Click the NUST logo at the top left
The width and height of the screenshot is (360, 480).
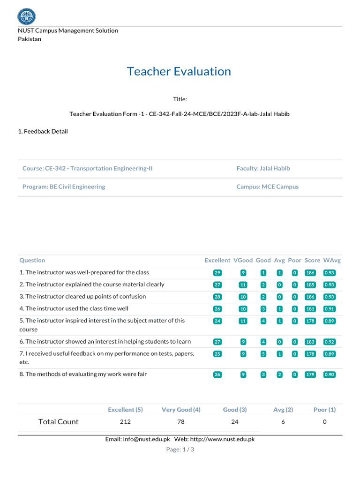tap(26, 16)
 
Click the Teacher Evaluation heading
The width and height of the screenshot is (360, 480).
tap(179, 71)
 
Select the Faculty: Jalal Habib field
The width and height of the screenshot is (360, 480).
tap(266, 168)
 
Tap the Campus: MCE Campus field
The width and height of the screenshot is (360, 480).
tap(267, 187)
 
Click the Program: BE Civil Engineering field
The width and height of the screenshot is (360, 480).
tap(64, 187)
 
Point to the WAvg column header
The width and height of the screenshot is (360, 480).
tap(332, 260)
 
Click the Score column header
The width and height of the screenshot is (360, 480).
tap(312, 260)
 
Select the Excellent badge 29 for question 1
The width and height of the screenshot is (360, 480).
tap(217, 273)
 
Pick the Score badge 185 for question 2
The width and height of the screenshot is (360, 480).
tap(310, 285)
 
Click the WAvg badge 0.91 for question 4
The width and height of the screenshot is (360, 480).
tap(330, 309)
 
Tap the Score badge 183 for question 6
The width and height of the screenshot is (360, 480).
tap(310, 342)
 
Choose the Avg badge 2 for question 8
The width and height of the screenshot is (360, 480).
tap(279, 375)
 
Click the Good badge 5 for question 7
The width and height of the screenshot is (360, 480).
tap(263, 354)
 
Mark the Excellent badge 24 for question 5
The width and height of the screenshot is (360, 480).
tap(217, 321)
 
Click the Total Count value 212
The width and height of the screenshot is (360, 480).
tap(125, 422)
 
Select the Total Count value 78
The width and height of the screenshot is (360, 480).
tap(181, 422)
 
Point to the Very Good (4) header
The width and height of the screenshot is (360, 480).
tap(181, 410)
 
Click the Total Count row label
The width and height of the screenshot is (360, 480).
tap(59, 422)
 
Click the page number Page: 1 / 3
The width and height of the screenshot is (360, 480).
tap(180, 450)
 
